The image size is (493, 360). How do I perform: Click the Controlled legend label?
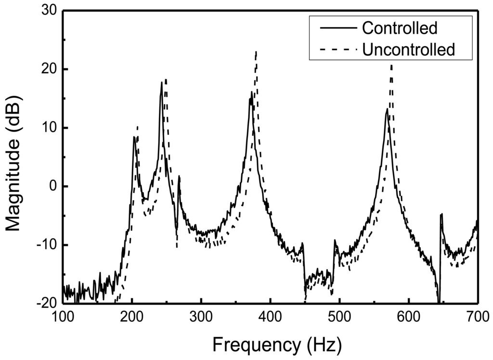[399, 28]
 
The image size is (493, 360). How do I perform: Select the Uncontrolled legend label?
[408, 49]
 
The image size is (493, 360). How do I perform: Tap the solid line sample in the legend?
[335, 28]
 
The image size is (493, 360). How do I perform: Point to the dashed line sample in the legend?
[335, 49]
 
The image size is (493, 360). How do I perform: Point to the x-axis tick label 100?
[63, 317]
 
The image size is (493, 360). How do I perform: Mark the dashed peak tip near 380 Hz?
[256, 52]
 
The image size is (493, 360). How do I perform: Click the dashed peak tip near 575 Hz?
[391, 65]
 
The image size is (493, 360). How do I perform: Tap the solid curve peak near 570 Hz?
[387, 109]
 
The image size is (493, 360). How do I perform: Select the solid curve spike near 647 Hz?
[441, 214]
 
